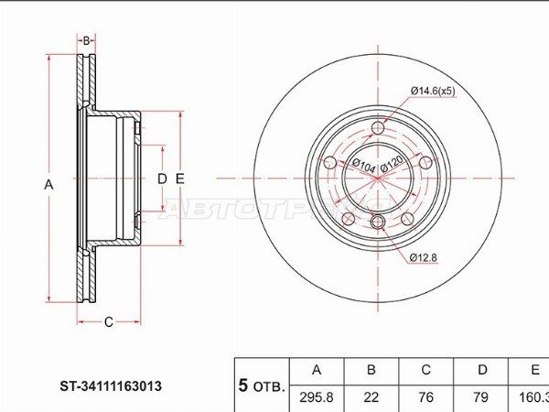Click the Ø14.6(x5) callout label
pos(432,90)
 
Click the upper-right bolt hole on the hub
pos(425,161)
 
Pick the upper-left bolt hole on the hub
pos(331,162)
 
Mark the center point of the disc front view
pos(379,178)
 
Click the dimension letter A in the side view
pos(49,185)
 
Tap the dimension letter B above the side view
pos(86,41)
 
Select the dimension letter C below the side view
pos(108,321)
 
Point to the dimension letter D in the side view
pos(161,179)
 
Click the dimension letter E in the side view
pos(180,179)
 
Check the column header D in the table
pos(481,370)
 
